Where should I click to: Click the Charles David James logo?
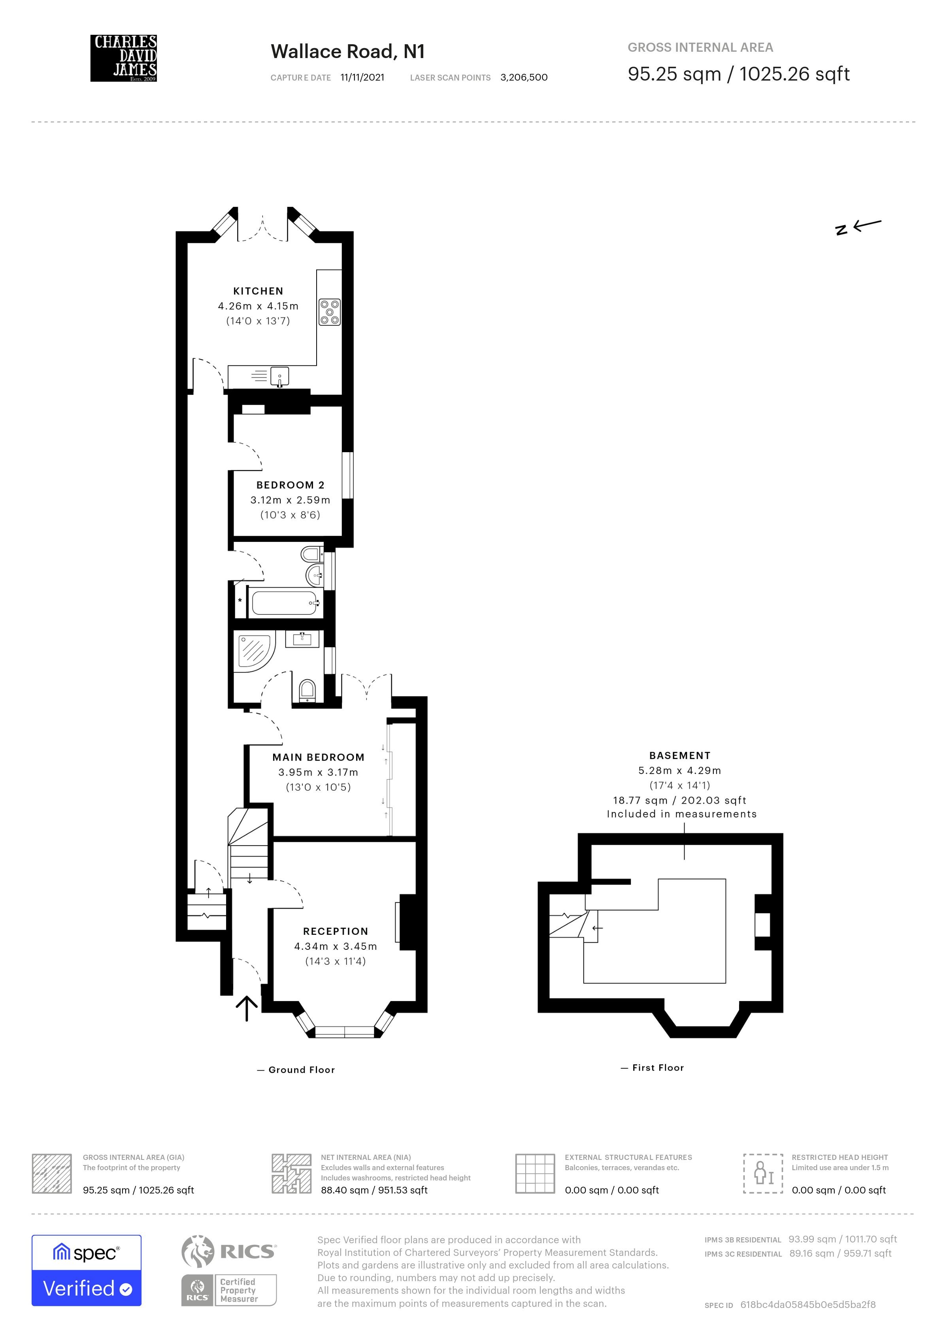[x=124, y=58]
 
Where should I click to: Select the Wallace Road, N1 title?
[x=347, y=52]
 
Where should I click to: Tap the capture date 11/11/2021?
[x=362, y=77]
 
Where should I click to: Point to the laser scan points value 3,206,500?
[x=524, y=77]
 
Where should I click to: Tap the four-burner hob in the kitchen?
[x=330, y=312]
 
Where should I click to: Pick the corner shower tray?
[x=252, y=653]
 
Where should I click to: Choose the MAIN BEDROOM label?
[x=319, y=757]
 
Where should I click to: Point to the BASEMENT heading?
[x=680, y=755]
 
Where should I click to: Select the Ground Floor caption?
[x=302, y=1070]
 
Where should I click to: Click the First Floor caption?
[x=658, y=1067]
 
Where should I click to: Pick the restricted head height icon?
[x=763, y=1173]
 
